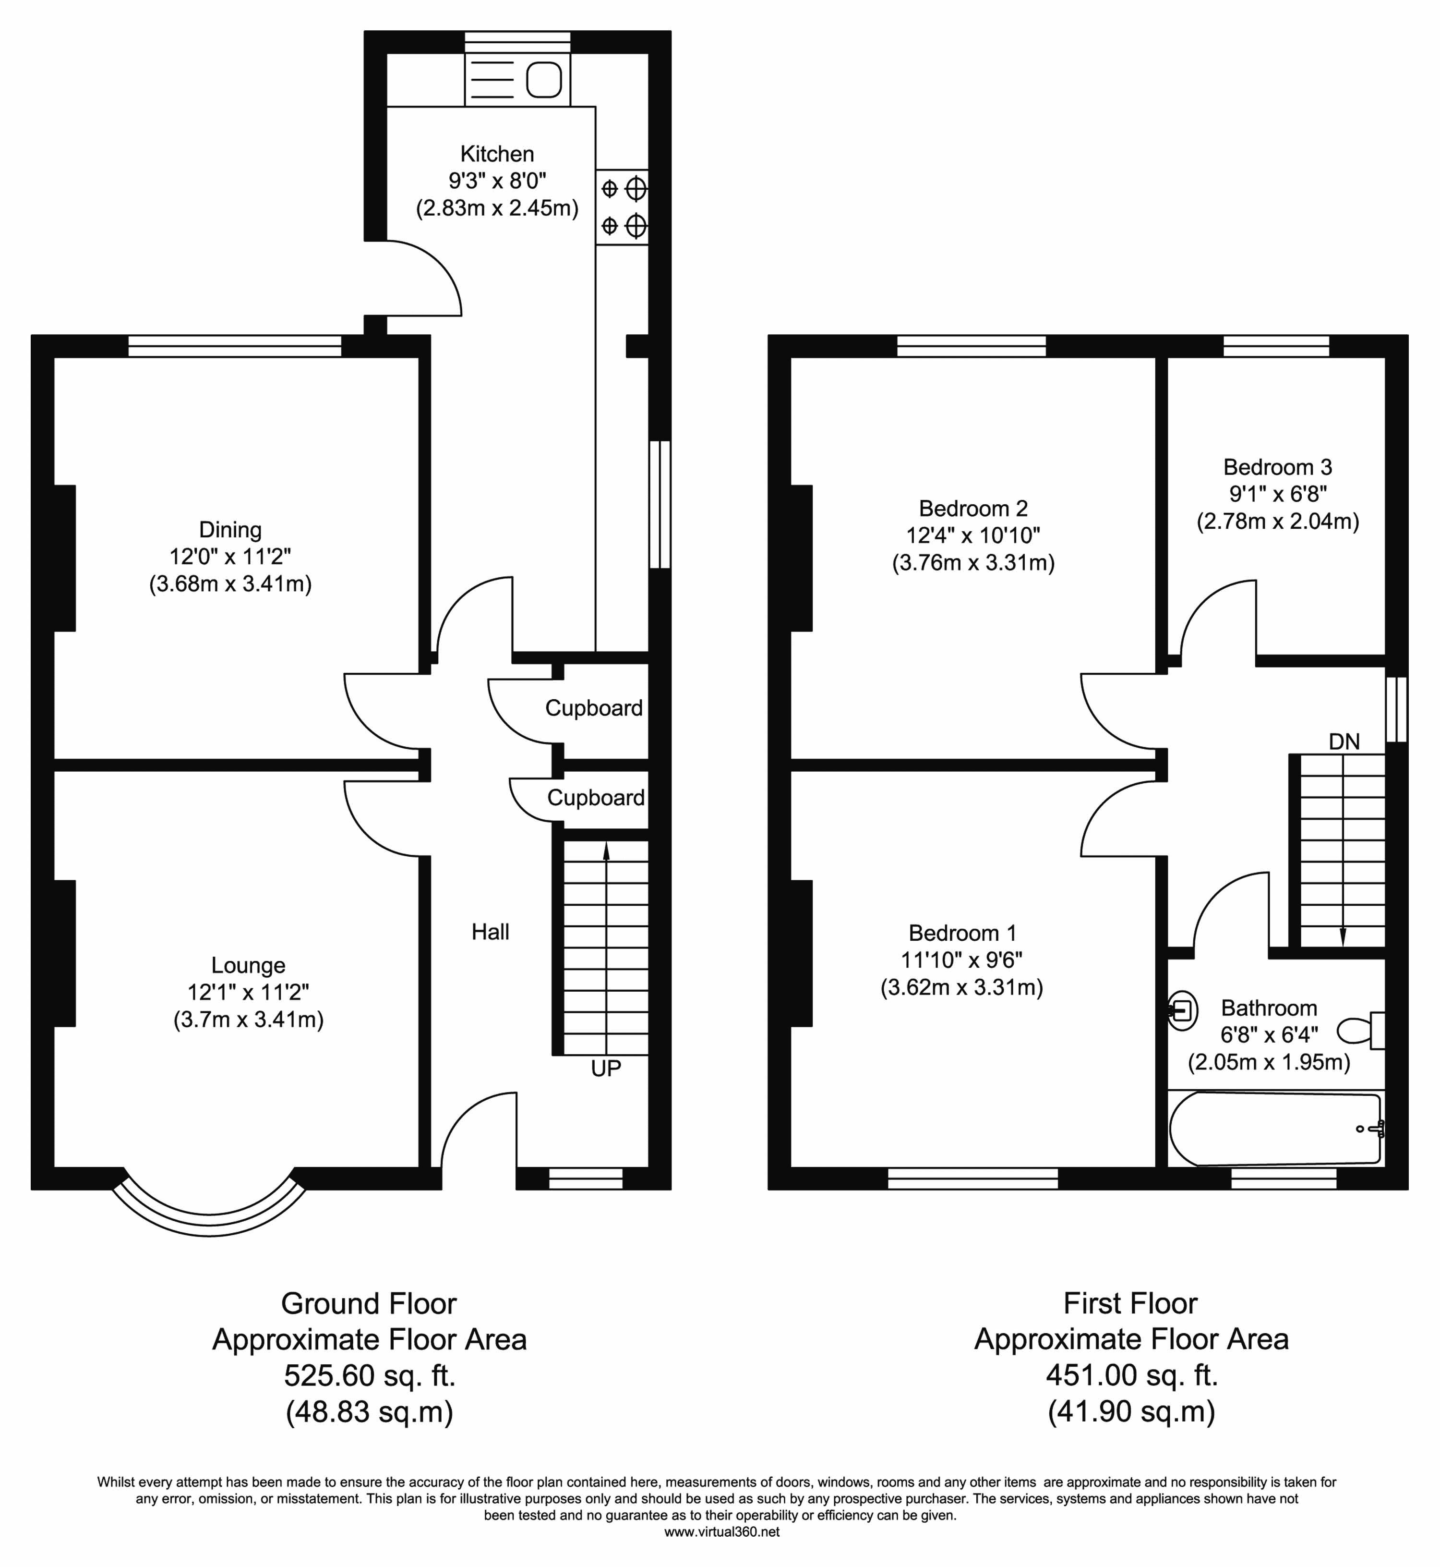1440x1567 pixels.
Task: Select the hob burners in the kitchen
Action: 623,207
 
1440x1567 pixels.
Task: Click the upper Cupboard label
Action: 594,708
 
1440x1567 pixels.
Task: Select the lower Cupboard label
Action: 595,798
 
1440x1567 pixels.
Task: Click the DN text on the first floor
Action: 1344,742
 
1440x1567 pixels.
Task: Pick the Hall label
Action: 490,932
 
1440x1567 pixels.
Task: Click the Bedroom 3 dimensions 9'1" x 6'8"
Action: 1278,494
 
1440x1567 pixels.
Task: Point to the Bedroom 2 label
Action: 973,508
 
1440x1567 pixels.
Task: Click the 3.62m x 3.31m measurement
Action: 961,988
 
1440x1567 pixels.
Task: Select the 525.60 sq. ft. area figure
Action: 369,1375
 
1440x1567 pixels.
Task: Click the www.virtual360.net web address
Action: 721,1532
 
